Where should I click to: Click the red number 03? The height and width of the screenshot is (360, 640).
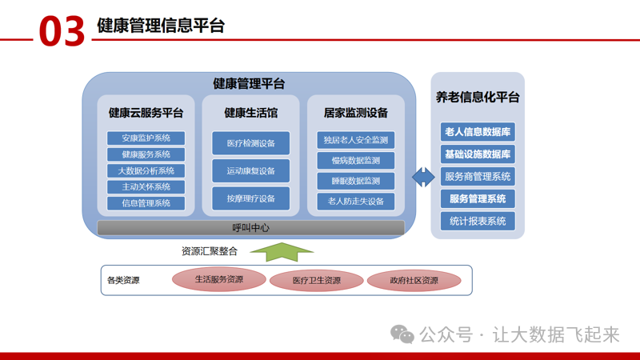[x=62, y=30]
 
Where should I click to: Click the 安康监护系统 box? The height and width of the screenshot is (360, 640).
[x=146, y=138]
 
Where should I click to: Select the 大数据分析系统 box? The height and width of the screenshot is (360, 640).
[x=146, y=170]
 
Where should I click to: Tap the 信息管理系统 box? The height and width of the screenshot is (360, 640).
[x=146, y=203]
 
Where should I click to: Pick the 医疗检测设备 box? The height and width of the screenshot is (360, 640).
[x=250, y=143]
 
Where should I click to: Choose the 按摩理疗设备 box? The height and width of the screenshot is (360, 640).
[x=250, y=198]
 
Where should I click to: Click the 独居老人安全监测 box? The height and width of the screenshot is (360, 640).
[x=355, y=140]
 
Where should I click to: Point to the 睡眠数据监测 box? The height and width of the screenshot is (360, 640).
[x=355, y=181]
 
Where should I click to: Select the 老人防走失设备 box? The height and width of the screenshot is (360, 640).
[x=355, y=201]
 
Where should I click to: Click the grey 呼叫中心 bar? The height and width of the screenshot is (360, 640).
[x=250, y=228]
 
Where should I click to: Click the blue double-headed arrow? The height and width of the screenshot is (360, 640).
[x=422, y=177]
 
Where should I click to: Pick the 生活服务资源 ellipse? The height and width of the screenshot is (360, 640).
[x=219, y=280]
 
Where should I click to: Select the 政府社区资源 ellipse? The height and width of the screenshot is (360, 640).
[x=414, y=281]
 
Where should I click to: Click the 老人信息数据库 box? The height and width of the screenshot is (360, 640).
[x=478, y=132]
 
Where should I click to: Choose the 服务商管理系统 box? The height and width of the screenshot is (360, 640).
[x=478, y=177]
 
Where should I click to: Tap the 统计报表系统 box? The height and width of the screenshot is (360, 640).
[x=478, y=222]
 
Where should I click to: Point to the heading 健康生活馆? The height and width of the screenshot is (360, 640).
[x=250, y=113]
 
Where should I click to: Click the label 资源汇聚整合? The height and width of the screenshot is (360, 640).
[x=210, y=251]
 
